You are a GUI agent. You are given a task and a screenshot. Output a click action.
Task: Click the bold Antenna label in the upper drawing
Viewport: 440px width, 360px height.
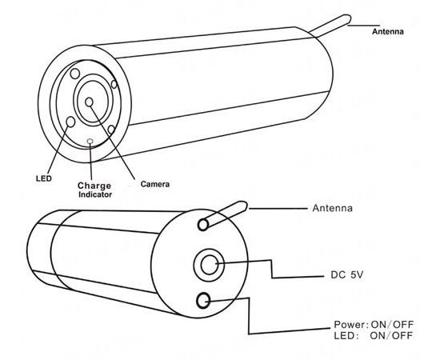[387, 32]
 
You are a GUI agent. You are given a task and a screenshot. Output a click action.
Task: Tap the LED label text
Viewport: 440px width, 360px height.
[44, 178]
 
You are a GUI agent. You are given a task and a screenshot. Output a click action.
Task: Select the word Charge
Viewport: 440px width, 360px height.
[94, 186]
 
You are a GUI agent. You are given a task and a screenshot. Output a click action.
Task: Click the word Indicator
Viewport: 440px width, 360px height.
[95, 194]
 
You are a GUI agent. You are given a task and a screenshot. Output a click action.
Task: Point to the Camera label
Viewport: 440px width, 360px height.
[155, 184]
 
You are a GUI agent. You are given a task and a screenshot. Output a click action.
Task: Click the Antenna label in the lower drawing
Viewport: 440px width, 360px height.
[333, 208]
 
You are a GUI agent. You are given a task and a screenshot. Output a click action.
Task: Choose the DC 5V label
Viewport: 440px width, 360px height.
[347, 275]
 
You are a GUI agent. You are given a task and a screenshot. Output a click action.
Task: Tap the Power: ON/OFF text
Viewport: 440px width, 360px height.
[374, 325]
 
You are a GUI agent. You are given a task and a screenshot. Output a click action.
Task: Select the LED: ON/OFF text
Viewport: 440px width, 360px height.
[374, 335]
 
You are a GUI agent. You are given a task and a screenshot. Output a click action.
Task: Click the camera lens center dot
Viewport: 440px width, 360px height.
[89, 102]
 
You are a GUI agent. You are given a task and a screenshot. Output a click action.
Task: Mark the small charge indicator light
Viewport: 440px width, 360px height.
[90, 141]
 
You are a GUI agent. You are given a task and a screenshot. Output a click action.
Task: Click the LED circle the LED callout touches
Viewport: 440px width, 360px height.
[70, 122]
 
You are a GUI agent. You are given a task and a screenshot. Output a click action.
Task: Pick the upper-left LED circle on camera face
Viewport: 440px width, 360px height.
[75, 74]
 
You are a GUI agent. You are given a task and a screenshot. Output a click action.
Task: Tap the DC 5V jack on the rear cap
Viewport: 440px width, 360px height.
[209, 265]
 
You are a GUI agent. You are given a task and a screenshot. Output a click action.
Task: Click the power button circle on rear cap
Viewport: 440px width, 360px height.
[203, 301]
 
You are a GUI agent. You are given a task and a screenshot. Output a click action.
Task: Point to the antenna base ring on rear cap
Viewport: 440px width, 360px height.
[203, 225]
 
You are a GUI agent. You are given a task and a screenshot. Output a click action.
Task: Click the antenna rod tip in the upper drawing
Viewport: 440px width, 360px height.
[350, 19]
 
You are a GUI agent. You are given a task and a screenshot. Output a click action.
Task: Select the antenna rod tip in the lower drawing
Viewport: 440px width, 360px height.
[246, 206]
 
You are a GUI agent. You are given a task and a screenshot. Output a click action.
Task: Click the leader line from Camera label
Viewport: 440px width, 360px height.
[112, 140]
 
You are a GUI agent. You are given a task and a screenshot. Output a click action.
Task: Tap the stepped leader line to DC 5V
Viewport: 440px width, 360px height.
[272, 270]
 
